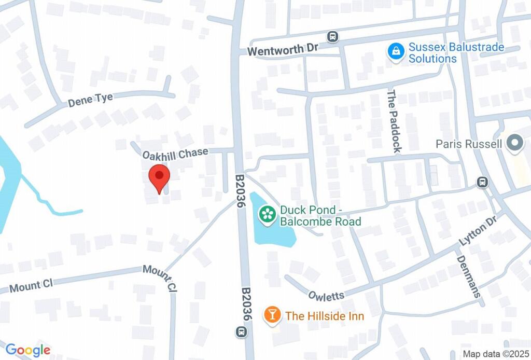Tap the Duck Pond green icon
(268, 214)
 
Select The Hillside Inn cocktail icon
(271, 314)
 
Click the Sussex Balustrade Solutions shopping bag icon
(396, 51)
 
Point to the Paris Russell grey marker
(514, 144)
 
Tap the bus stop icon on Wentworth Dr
(332, 37)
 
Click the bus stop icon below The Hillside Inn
(241, 331)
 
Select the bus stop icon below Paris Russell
(483, 182)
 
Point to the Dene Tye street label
(91, 100)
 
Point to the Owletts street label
(326, 295)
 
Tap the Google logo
(28, 350)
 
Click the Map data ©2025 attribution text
(494, 354)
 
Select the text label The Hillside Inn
(325, 315)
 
